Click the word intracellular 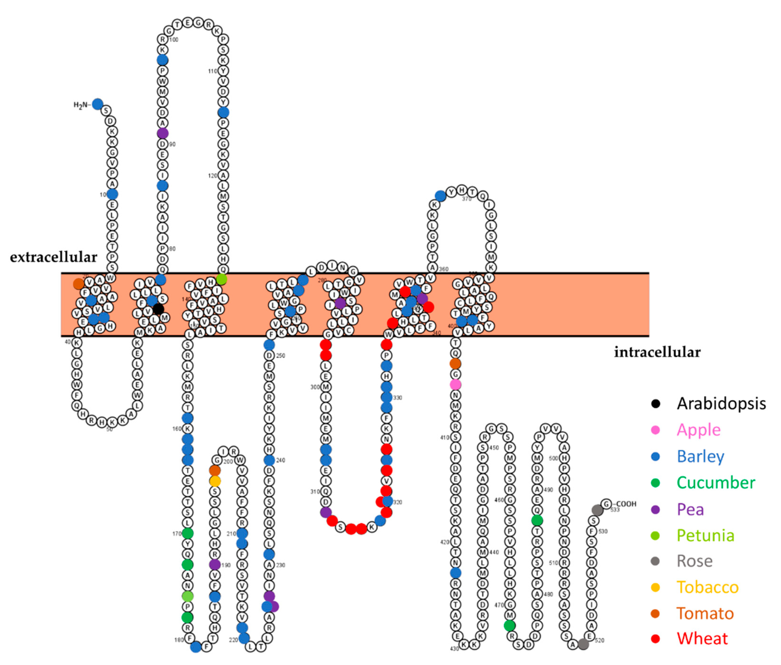click(657, 352)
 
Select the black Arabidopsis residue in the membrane click(158, 309)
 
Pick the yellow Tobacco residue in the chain click(215, 481)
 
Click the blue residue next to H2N click(98, 104)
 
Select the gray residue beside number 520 click(583, 644)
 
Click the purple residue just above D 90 click(163, 133)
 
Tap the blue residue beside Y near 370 click(440, 196)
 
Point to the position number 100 click(173, 40)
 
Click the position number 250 click(281, 356)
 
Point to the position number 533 click(615, 510)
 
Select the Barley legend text click(700, 457)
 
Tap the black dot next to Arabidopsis click(656, 404)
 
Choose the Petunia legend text click(705, 535)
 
